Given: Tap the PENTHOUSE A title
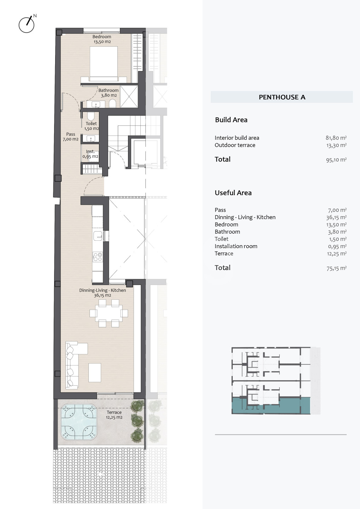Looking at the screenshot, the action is pos(282,97).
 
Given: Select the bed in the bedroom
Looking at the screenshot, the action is pos(104,64).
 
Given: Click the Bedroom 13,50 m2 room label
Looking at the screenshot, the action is pos(102,39).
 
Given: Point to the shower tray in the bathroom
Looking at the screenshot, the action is pos(129,96).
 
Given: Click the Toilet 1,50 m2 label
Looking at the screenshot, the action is pos(91,126).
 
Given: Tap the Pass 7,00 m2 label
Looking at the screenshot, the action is pos(71,136).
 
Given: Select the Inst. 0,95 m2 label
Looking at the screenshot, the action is pos(91,154).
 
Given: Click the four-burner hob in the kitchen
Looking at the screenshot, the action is pos(98,257).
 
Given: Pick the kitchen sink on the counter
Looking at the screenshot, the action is pos(98,236).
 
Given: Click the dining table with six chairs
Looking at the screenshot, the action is pos(109,313).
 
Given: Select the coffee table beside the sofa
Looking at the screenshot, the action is pos(95,373).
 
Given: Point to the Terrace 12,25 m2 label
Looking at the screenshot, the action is pos(114,415).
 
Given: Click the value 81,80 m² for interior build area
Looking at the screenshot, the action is pos(336,138).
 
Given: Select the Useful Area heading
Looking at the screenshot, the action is pos(233,193).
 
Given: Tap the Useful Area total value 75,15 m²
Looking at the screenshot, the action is pos(337,268).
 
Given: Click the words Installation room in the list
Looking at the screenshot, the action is pos(236,246).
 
